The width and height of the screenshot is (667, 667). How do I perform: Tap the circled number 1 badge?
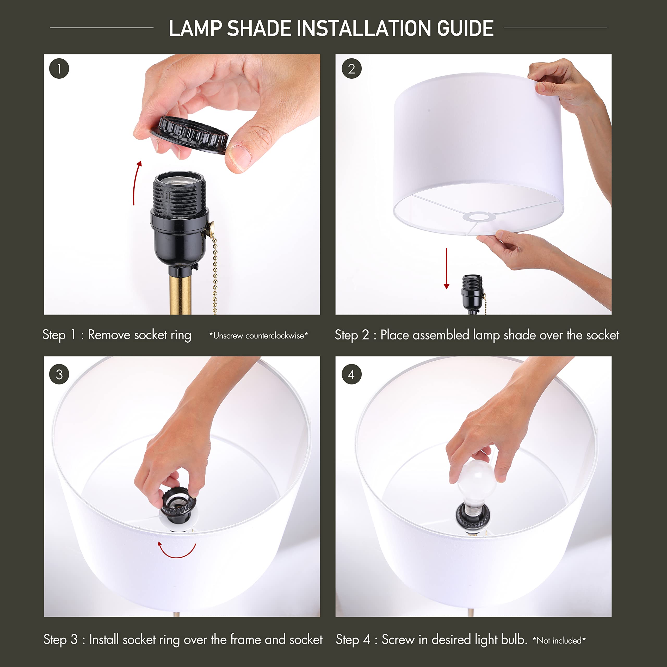59,69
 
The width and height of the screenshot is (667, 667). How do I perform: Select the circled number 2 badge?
351,69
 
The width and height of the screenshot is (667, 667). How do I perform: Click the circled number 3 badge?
59,374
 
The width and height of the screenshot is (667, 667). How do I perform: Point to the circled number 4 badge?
351,374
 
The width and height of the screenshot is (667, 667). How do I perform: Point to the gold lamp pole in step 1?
180,293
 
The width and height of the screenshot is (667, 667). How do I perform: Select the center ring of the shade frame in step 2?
479,217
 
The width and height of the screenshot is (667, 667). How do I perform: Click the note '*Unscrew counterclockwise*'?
258,336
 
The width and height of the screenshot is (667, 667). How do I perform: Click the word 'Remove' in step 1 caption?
109,335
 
